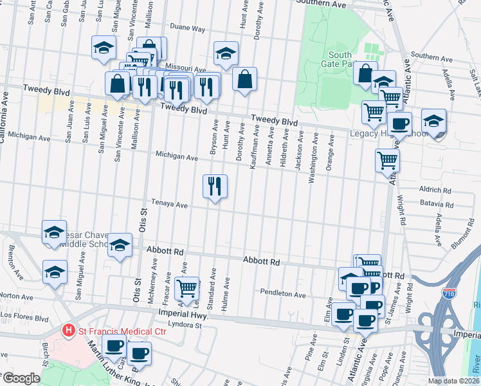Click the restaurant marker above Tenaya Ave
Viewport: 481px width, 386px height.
(x=215, y=187)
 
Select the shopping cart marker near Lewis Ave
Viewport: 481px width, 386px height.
(x=186, y=287)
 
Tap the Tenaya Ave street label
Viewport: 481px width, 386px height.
(x=169, y=205)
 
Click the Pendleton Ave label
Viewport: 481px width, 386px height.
(x=283, y=293)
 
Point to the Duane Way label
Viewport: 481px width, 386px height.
(x=188, y=29)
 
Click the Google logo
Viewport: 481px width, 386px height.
(x=22, y=378)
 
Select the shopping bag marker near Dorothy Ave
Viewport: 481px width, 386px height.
(x=245, y=80)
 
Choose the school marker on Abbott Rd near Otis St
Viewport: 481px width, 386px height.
(x=120, y=244)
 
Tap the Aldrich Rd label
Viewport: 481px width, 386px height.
(x=435, y=190)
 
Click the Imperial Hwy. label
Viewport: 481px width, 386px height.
(x=176, y=313)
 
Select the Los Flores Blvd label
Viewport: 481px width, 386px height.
(x=24, y=317)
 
